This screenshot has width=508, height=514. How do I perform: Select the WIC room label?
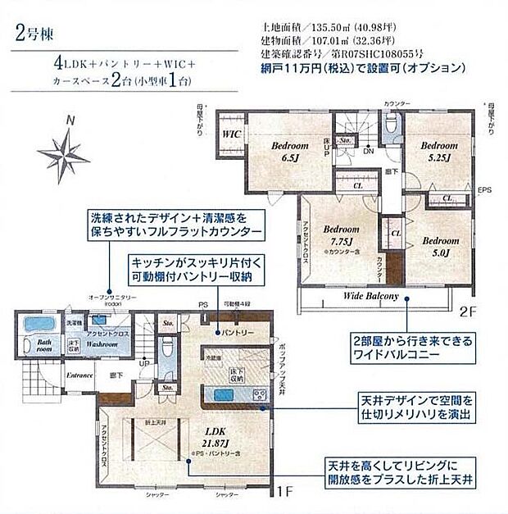(230, 130)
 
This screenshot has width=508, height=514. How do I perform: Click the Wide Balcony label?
(370, 295)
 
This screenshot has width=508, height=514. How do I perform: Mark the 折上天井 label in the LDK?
(153, 421)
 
